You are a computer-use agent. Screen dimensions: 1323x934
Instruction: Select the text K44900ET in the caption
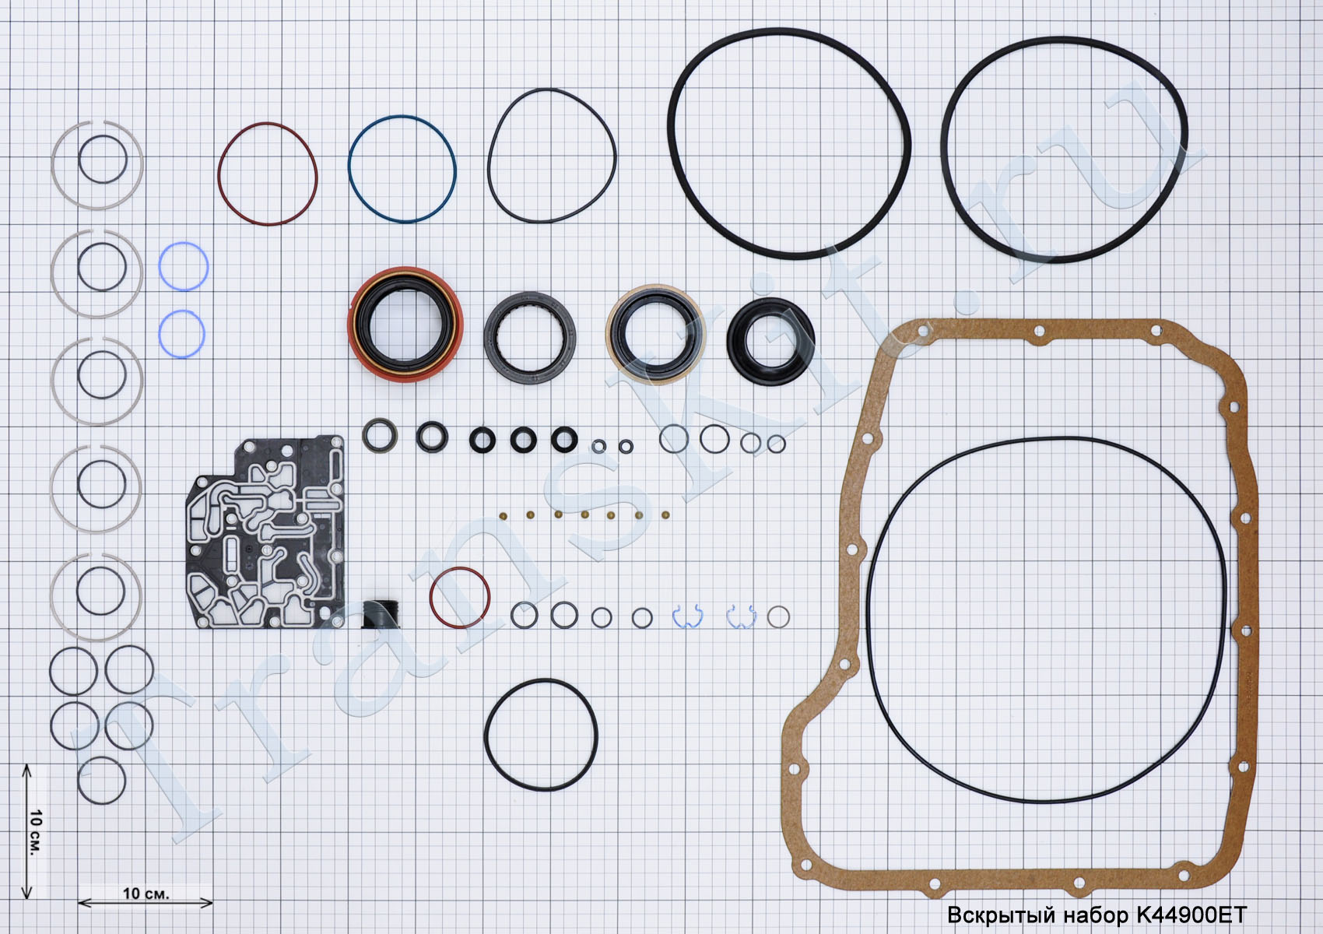click(x=1191, y=915)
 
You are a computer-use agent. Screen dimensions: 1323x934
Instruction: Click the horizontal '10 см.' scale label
click(x=146, y=894)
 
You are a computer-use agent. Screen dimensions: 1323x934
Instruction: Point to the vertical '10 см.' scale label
click(x=36, y=833)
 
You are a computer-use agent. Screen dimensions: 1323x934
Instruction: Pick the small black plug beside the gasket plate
click(x=380, y=615)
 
